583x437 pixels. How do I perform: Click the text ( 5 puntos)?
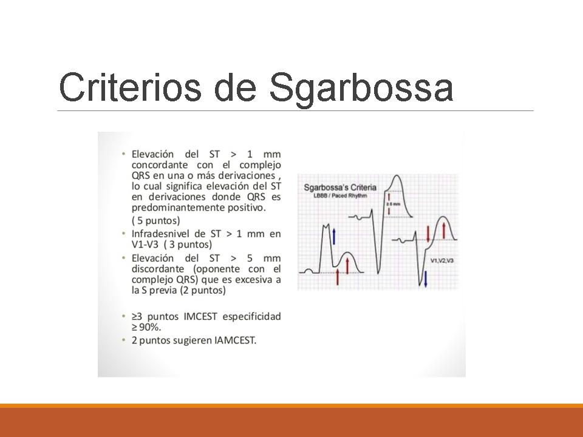(x=156, y=220)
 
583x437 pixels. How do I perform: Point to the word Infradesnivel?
(x=160, y=234)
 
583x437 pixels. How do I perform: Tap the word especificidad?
(x=253, y=316)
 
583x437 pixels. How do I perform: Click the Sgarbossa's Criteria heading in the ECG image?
(x=340, y=188)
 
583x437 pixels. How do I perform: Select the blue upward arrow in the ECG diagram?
(x=333, y=235)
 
